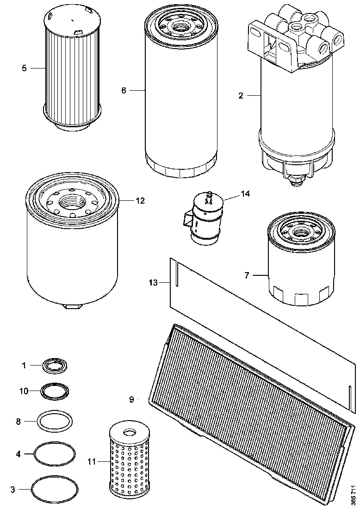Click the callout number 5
[24, 68]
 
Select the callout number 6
[124, 90]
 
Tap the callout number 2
[241, 96]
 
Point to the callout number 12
[140, 201]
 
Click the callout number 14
[245, 194]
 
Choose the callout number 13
[154, 282]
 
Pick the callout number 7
[247, 275]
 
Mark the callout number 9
[131, 399]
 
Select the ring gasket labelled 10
[55, 391]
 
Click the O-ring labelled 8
[55, 421]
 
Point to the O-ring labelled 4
[55, 453]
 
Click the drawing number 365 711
[353, 494]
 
